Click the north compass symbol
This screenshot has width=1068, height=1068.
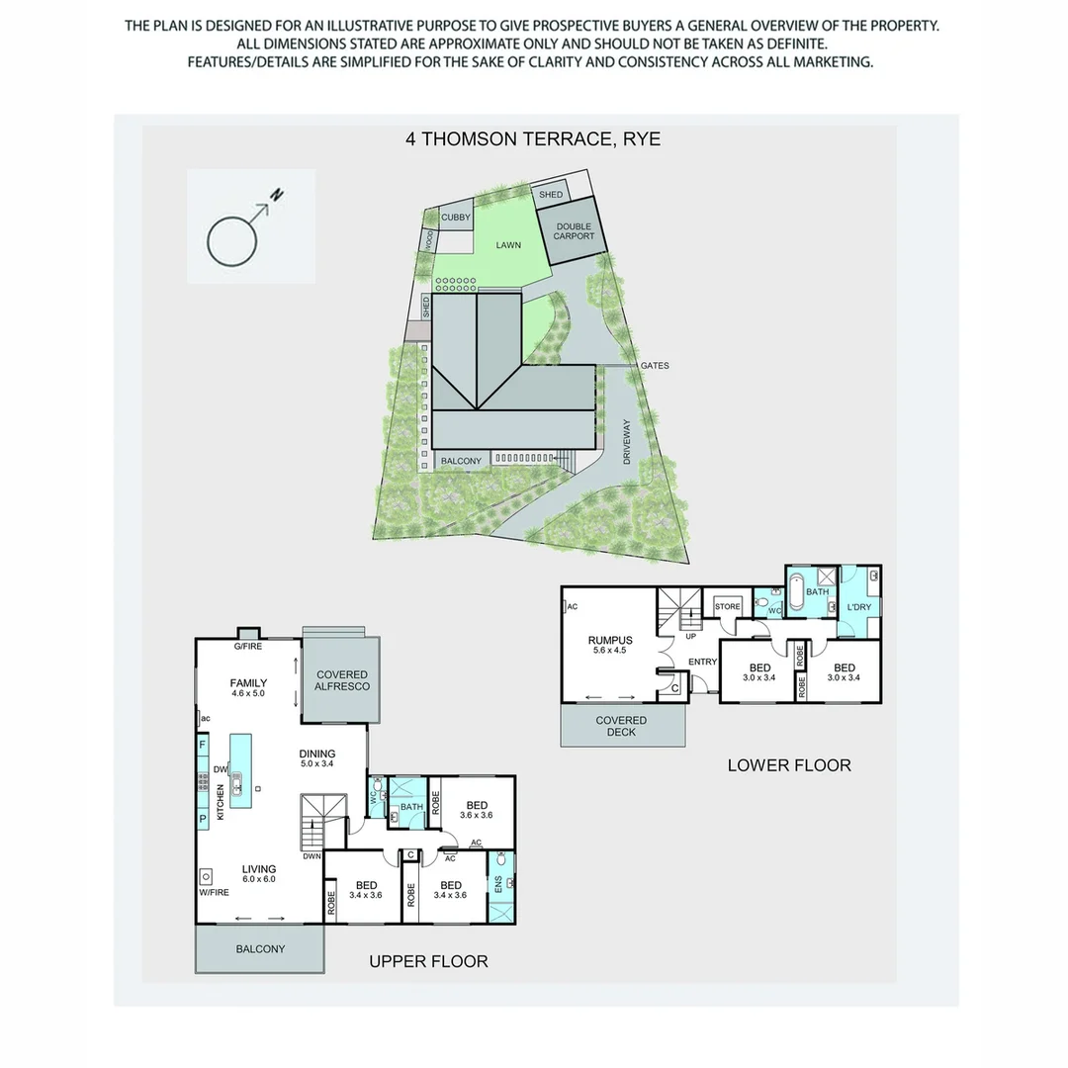(241, 229)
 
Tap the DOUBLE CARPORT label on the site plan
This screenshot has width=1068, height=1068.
(575, 230)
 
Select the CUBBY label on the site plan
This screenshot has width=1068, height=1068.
(456, 217)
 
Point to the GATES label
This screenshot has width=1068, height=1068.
(654, 366)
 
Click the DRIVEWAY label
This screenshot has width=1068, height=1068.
(627, 442)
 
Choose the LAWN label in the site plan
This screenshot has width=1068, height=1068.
(508, 245)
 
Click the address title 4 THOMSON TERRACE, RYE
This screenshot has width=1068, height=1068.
(533, 139)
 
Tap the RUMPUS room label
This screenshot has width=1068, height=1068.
(609, 646)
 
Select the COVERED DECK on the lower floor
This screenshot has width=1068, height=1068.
(622, 726)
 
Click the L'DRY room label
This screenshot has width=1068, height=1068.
(857, 607)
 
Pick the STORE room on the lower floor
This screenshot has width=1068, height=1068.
(728, 606)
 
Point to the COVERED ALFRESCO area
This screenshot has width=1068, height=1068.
(342, 679)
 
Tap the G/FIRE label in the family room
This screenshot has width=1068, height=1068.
(247, 647)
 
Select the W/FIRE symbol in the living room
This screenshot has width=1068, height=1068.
(207, 876)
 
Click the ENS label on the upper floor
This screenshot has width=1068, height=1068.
(498, 883)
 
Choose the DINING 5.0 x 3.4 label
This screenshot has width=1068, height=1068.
(317, 758)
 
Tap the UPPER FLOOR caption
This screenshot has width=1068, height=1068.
(428, 961)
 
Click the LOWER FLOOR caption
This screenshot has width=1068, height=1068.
(789, 764)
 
